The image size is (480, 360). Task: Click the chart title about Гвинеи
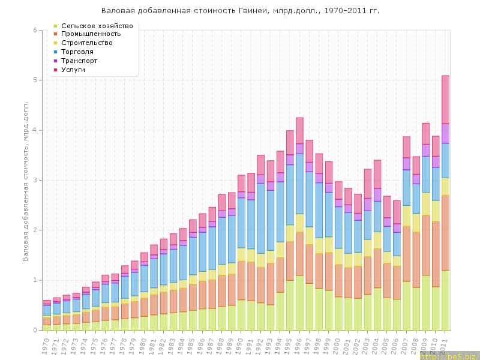pos(240,11)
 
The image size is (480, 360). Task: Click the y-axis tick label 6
pos(35,30)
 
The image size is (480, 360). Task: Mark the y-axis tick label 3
pos(35,180)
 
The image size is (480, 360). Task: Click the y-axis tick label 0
pos(35,330)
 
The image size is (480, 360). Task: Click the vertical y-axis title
pos(25,180)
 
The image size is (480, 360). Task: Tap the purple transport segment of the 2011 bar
pos(445,133)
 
